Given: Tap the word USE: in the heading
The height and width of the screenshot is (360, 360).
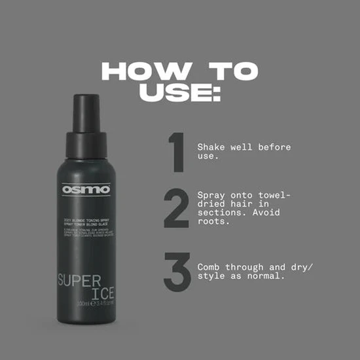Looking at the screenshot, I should (x=179, y=92).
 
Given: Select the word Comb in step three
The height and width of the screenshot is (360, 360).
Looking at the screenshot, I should (x=209, y=268).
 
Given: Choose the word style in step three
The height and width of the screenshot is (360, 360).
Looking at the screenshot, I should (x=211, y=277).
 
